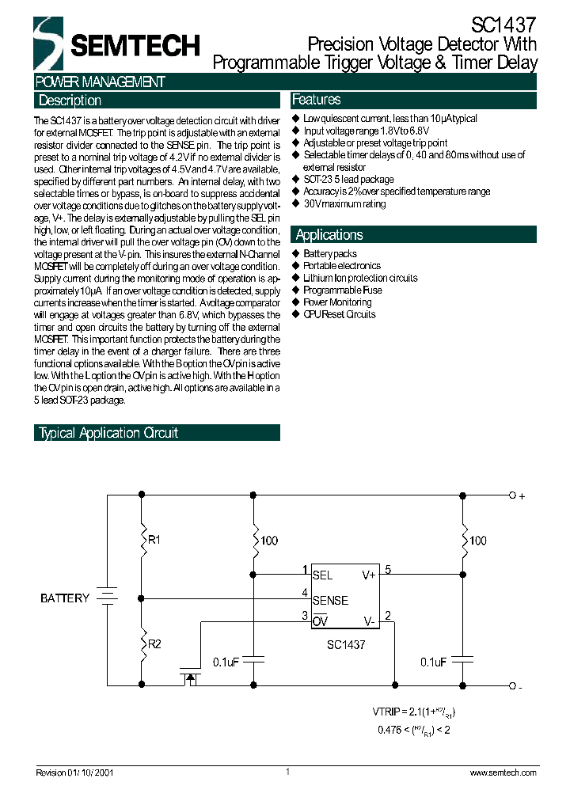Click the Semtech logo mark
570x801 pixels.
pyautogui.click(x=47, y=44)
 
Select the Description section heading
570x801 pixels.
pyautogui.click(x=70, y=101)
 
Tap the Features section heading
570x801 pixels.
pyautogui.click(x=317, y=100)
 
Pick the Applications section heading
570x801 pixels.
pyautogui.click(x=329, y=234)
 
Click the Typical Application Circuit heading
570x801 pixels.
pyautogui.click(x=108, y=433)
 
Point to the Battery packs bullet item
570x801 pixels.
pyautogui.click(x=330, y=254)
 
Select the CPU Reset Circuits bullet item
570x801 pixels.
pyautogui.click(x=340, y=314)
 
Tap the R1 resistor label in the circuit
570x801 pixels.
pyautogui.click(x=154, y=540)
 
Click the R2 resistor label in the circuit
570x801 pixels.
pyautogui.click(x=154, y=643)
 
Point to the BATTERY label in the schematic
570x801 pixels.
pyautogui.click(x=65, y=598)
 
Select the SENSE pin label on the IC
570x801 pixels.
pyautogui.click(x=330, y=601)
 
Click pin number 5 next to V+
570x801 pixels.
pyautogui.click(x=388, y=569)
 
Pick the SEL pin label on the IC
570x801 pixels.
pyautogui.click(x=322, y=576)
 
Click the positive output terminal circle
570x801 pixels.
pyautogui.click(x=512, y=495)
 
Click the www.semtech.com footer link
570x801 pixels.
pyautogui.click(x=503, y=773)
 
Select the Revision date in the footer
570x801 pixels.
pyautogui.click(x=75, y=773)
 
